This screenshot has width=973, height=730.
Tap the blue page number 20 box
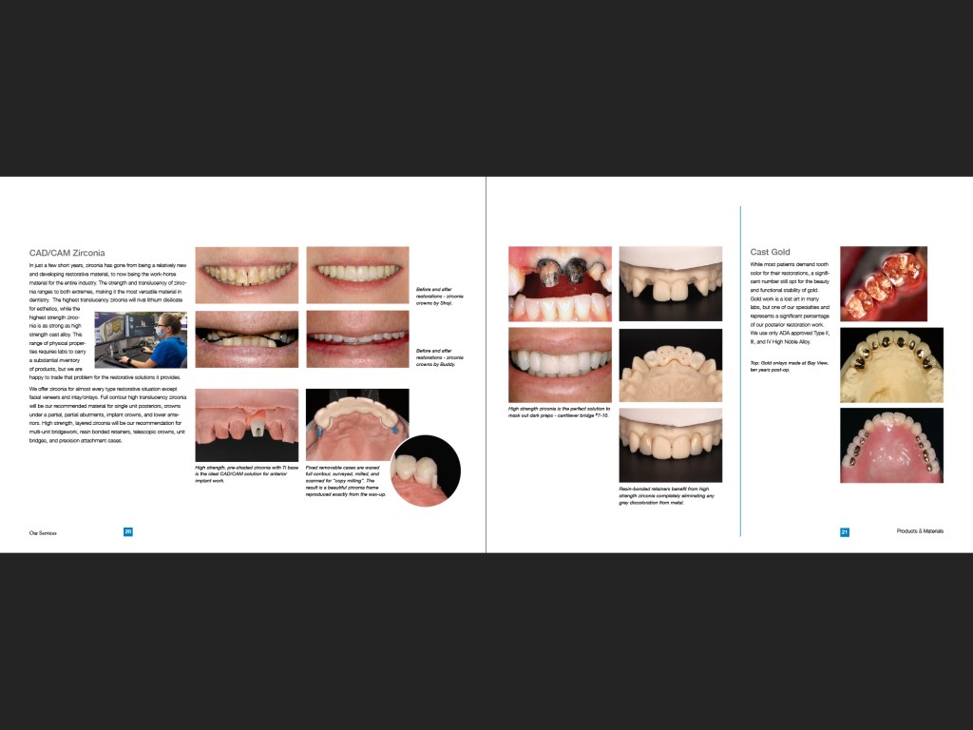(x=128, y=532)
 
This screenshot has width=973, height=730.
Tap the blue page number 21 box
(x=844, y=532)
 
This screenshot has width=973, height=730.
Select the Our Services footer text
(x=43, y=533)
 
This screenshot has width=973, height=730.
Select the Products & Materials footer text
(x=920, y=532)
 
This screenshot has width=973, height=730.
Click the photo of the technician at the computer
(x=141, y=339)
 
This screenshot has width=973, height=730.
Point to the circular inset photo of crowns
(x=426, y=470)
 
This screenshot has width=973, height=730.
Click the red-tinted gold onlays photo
(x=883, y=282)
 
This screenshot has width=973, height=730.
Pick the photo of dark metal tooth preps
(x=559, y=283)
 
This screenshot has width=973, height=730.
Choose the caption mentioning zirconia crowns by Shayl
(x=440, y=296)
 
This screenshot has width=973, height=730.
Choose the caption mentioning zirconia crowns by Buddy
(x=440, y=357)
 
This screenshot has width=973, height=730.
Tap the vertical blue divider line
(x=741, y=371)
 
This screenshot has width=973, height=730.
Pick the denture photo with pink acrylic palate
(x=891, y=445)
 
